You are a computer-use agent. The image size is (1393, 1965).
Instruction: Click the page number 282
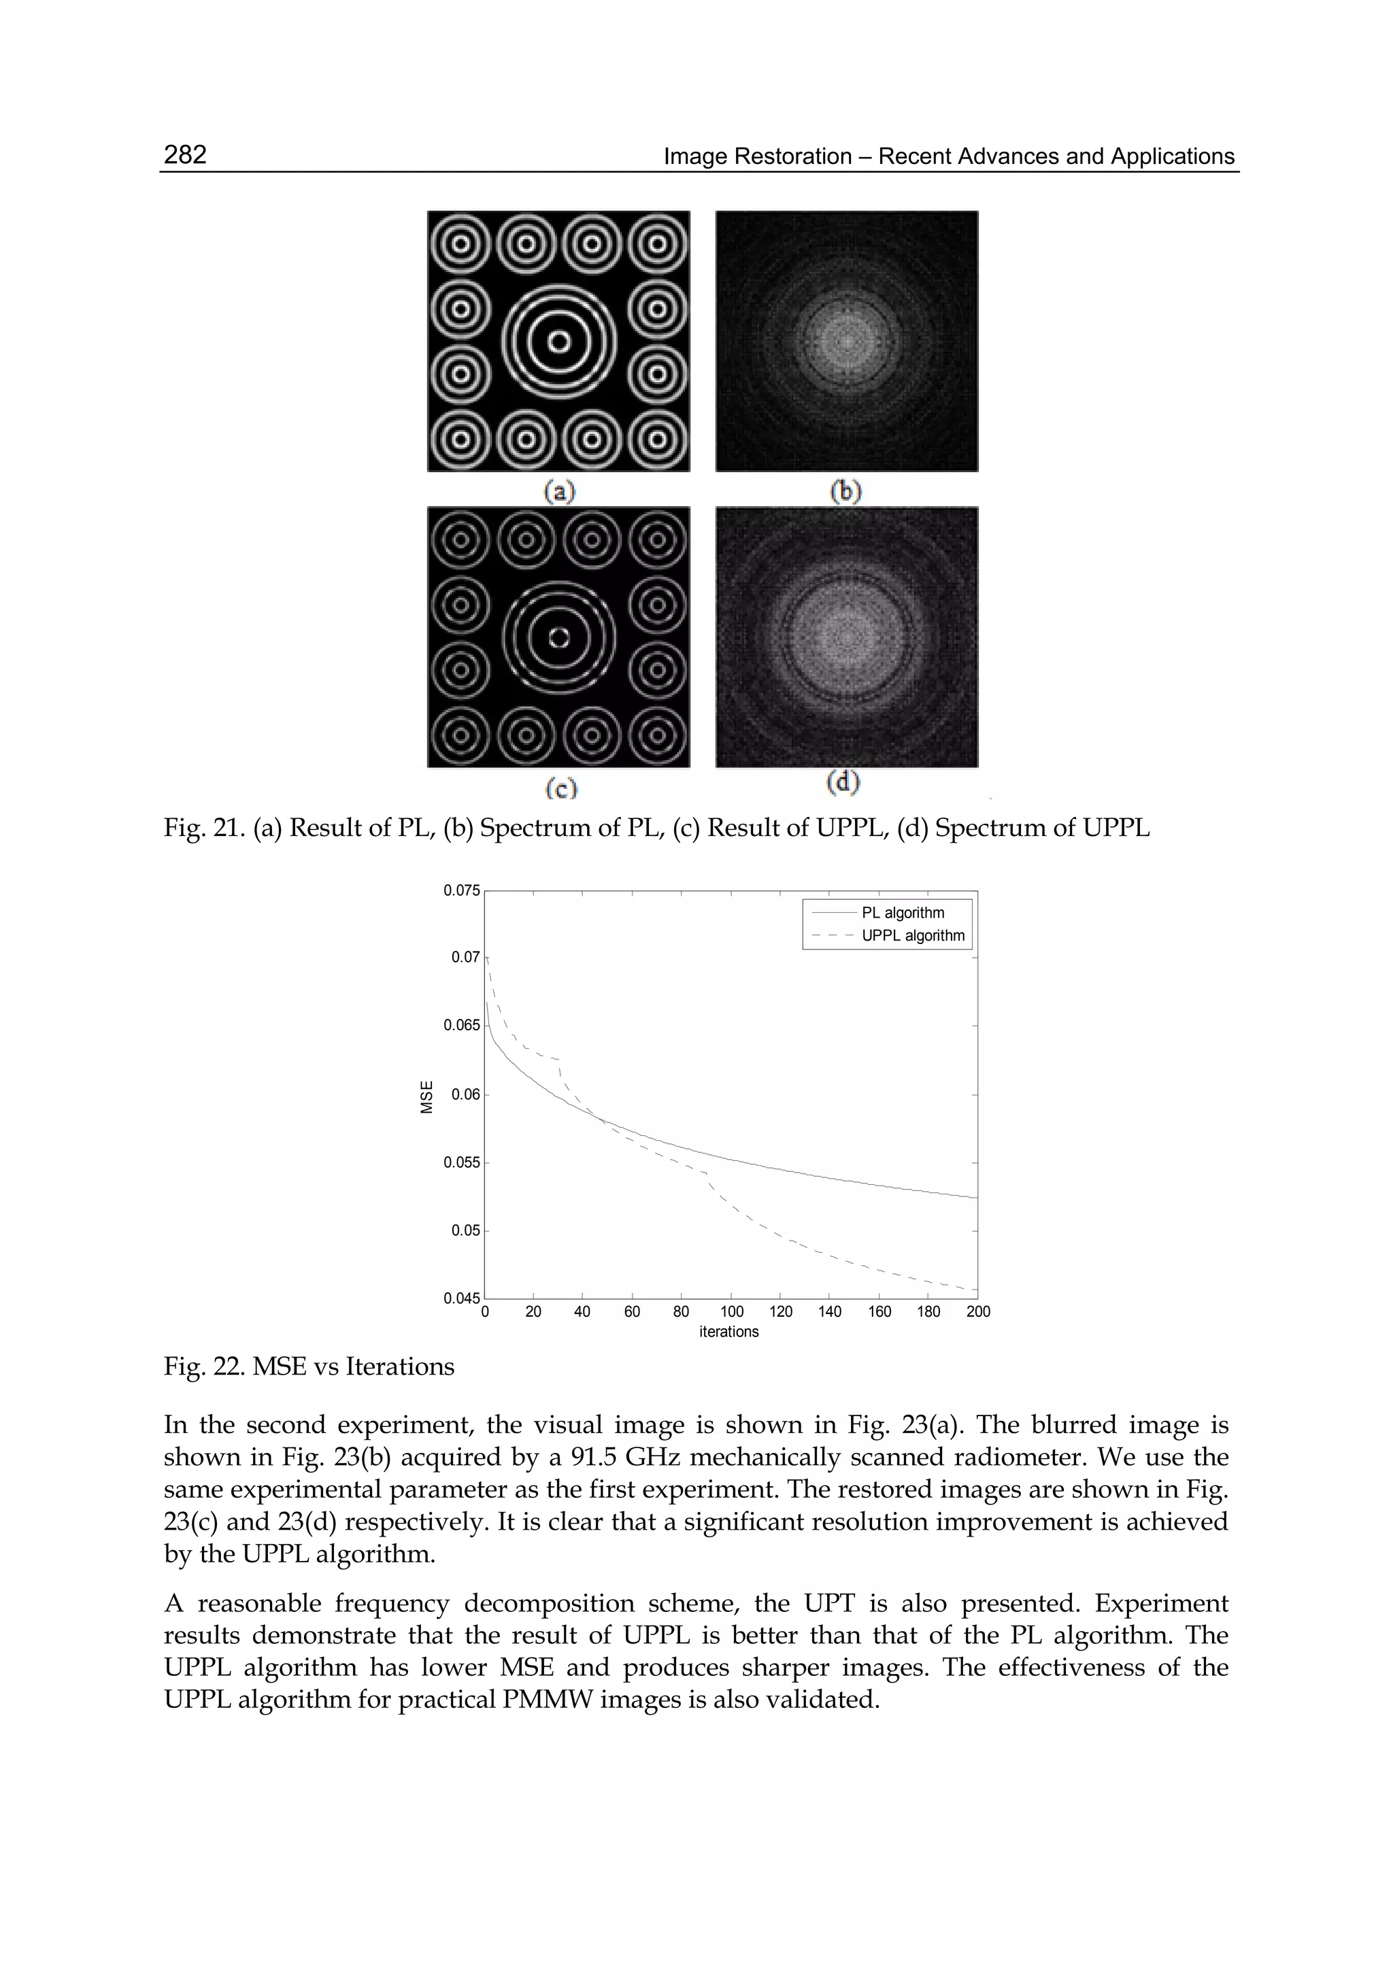point(185,154)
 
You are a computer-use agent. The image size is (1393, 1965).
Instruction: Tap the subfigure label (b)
point(847,492)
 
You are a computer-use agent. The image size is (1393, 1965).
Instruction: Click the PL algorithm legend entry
point(903,913)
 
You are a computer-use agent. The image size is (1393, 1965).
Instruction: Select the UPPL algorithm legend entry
point(913,936)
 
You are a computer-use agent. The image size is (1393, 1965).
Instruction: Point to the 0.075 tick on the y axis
point(461,890)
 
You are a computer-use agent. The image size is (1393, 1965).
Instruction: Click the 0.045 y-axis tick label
point(461,1298)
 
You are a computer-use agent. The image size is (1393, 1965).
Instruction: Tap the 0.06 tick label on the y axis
point(466,1094)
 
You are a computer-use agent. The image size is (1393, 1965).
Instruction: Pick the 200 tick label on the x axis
point(978,1311)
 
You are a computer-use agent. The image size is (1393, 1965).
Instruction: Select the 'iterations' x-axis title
point(729,1332)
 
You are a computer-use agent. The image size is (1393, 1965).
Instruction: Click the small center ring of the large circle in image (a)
point(558,341)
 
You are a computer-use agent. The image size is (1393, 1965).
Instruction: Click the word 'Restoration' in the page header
point(804,157)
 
